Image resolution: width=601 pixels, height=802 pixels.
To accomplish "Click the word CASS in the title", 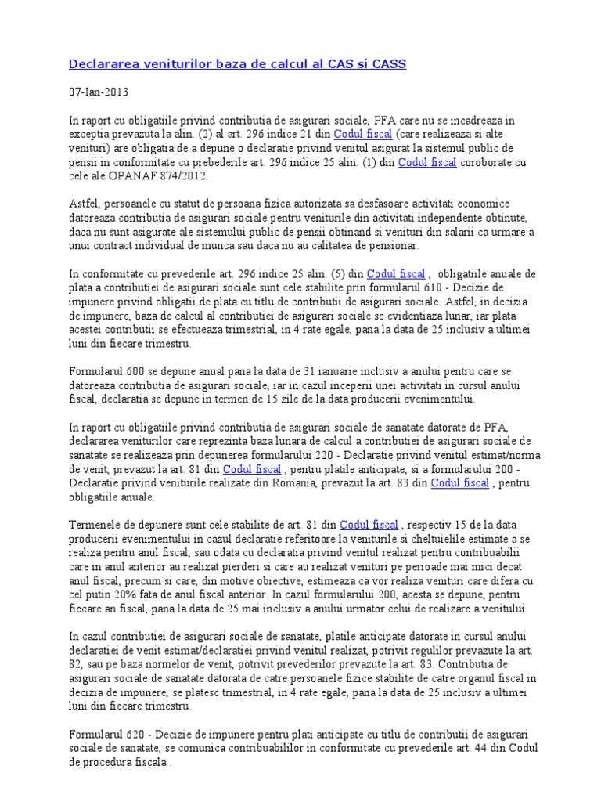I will point(388,64).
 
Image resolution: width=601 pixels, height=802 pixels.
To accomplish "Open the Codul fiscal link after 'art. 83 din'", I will point(459,482).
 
